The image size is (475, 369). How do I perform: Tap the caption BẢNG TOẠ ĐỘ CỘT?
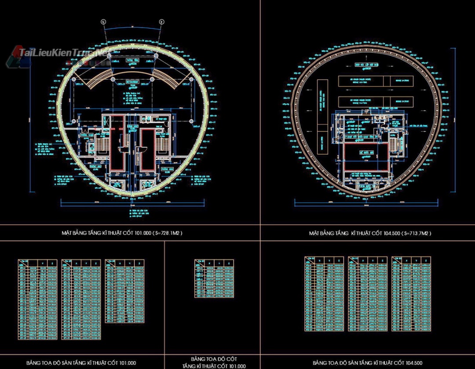[213, 359]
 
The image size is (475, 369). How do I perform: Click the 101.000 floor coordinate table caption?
[81, 363]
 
